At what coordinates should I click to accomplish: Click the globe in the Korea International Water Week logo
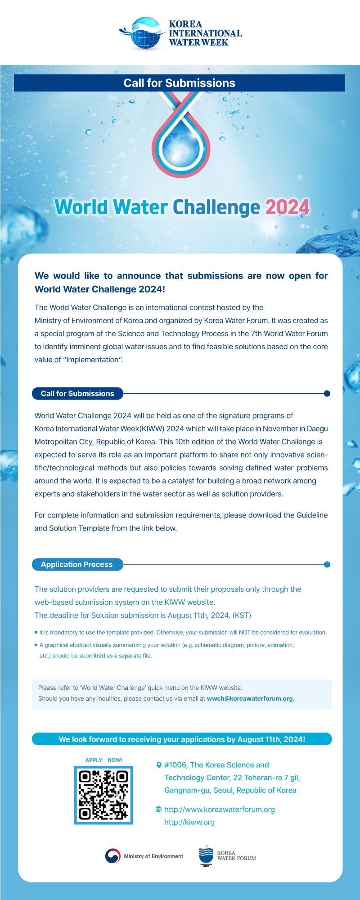145,35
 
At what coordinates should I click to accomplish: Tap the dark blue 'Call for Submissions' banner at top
179,83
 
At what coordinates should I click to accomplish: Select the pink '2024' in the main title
287,207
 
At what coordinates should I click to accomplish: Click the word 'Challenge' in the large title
216,207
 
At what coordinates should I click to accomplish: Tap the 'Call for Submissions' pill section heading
77,394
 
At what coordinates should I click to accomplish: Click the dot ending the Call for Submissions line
327,394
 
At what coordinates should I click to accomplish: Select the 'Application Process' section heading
77,565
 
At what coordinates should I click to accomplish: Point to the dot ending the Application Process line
327,565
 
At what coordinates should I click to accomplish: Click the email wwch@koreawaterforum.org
250,699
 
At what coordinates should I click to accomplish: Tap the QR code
103,795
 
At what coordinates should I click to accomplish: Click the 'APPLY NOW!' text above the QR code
103,760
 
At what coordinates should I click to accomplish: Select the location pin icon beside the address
159,765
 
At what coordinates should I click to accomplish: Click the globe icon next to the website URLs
158,810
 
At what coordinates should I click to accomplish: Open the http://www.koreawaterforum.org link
219,810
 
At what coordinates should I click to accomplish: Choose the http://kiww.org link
189,822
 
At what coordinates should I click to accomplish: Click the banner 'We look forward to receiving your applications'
182,739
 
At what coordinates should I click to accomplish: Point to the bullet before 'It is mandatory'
36,632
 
